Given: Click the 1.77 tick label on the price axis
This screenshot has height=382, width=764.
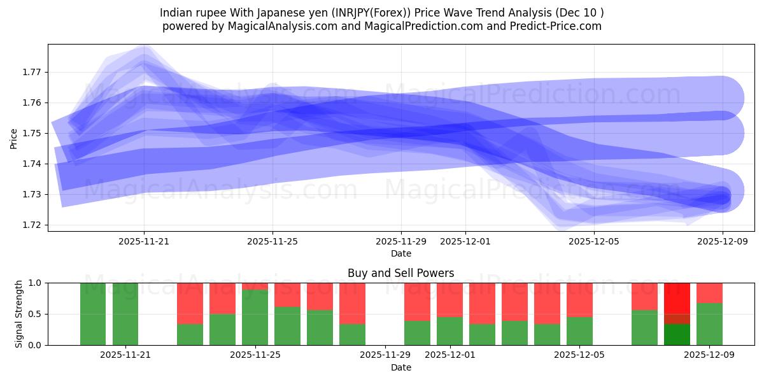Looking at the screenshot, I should pyautogui.click(x=32, y=72).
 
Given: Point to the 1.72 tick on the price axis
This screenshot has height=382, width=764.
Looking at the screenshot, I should pyautogui.click(x=32, y=225).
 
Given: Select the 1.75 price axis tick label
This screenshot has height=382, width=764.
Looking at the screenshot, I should pyautogui.click(x=32, y=133).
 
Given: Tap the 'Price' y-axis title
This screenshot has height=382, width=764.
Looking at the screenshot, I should pyautogui.click(x=14, y=138).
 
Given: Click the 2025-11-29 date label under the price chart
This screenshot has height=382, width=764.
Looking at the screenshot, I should pyautogui.click(x=400, y=241).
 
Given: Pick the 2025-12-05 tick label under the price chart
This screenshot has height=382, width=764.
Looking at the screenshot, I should pyautogui.click(x=593, y=241).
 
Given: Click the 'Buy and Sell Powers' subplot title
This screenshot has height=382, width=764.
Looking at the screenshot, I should pyautogui.click(x=400, y=273).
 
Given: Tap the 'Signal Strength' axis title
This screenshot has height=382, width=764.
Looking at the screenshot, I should pyautogui.click(x=18, y=314).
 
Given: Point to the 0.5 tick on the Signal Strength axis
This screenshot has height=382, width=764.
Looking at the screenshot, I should pyautogui.click(x=36, y=314).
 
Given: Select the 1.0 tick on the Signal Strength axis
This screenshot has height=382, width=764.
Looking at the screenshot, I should pyautogui.click(x=36, y=283).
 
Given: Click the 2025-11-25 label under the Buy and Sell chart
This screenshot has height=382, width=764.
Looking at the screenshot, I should pyautogui.click(x=255, y=355).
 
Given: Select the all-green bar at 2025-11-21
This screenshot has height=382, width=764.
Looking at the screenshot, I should pyautogui.click(x=125, y=314).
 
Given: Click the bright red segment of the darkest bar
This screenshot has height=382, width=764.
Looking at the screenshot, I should pyautogui.click(x=677, y=297).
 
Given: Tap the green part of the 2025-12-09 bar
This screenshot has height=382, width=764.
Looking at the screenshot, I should pyautogui.click(x=709, y=324).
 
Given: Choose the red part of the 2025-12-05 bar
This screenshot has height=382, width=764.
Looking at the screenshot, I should pyautogui.click(x=579, y=299).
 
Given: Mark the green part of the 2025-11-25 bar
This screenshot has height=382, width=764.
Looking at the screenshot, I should pyautogui.click(x=255, y=317).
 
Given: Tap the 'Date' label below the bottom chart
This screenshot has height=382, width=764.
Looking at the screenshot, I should pyautogui.click(x=400, y=367).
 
